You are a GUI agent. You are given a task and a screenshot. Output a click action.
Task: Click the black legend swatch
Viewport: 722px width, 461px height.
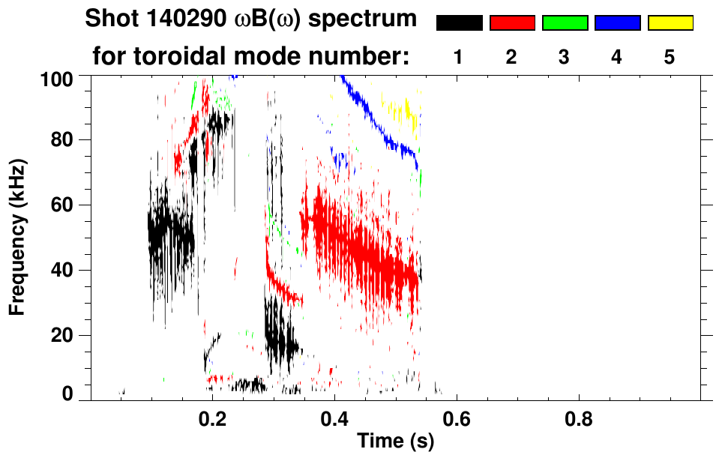[459, 23]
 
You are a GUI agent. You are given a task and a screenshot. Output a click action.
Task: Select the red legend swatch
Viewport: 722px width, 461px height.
[512, 23]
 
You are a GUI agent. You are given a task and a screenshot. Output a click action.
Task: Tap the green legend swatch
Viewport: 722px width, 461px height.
[565, 23]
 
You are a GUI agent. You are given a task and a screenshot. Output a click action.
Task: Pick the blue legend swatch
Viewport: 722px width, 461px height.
[617, 23]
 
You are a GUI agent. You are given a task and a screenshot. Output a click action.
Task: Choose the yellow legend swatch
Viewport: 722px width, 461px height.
[670, 23]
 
